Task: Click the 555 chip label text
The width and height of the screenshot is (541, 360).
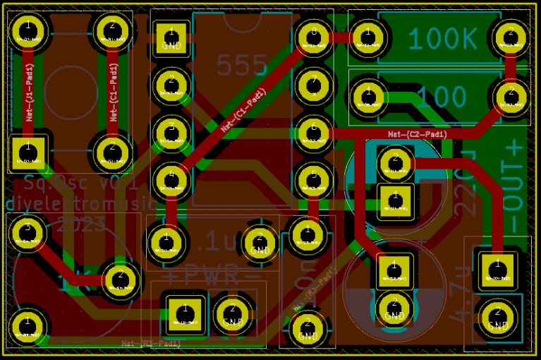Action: click(242, 66)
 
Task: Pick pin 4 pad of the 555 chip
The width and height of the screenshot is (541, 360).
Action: click(170, 177)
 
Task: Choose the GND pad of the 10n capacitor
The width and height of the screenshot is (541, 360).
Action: click(306, 327)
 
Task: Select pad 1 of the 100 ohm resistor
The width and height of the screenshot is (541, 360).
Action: click(367, 92)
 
